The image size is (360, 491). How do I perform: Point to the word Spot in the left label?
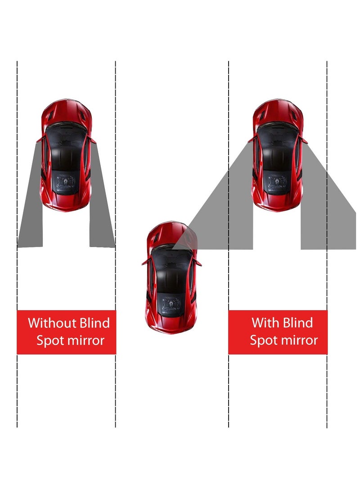point(50,340)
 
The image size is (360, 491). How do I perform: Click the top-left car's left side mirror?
point(40,140)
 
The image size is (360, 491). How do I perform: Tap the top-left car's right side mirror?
point(94,140)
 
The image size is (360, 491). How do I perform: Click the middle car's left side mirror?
point(144,262)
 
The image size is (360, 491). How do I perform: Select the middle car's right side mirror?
point(198,262)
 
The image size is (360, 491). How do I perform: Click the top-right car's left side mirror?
point(251,140)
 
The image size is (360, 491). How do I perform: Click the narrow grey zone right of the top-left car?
point(102,212)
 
